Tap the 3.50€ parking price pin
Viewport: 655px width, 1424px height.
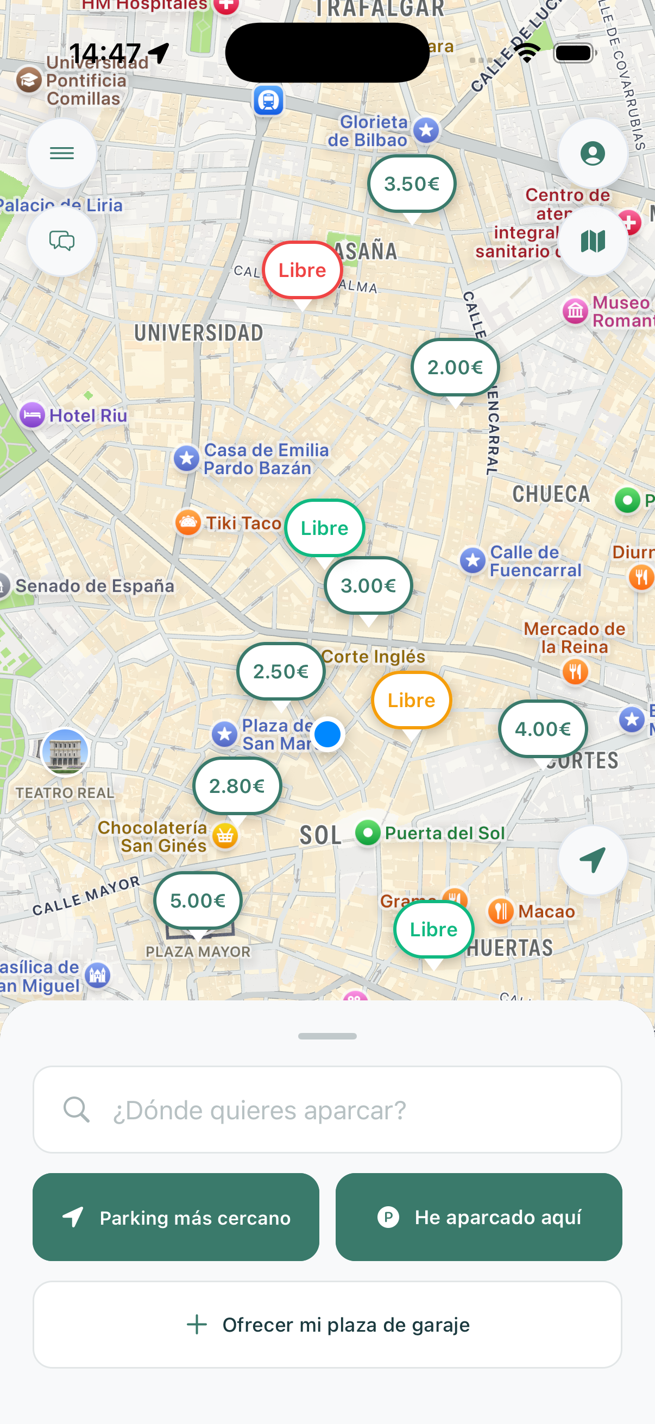[412, 184]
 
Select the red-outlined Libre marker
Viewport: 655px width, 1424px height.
[303, 270]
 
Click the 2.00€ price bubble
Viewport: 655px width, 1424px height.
[455, 367]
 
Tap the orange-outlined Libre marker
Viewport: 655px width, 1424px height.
[411, 701]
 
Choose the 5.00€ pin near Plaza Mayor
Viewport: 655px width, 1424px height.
[198, 900]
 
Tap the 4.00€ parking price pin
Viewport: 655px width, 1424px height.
[543, 729]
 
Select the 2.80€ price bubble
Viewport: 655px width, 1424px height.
[237, 785]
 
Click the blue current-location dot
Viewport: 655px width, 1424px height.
[328, 734]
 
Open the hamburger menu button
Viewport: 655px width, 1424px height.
[62, 153]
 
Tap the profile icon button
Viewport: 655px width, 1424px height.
[593, 153]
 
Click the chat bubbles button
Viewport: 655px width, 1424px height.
[62, 241]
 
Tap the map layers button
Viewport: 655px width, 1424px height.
[593, 241]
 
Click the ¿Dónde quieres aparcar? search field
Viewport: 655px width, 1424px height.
[327, 1110]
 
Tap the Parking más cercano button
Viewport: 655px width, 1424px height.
[176, 1217]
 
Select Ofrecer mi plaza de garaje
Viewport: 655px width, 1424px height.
[327, 1325]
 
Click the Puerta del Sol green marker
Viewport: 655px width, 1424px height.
[368, 833]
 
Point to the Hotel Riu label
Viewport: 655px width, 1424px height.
[88, 415]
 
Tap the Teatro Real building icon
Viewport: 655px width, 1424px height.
[65, 752]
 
